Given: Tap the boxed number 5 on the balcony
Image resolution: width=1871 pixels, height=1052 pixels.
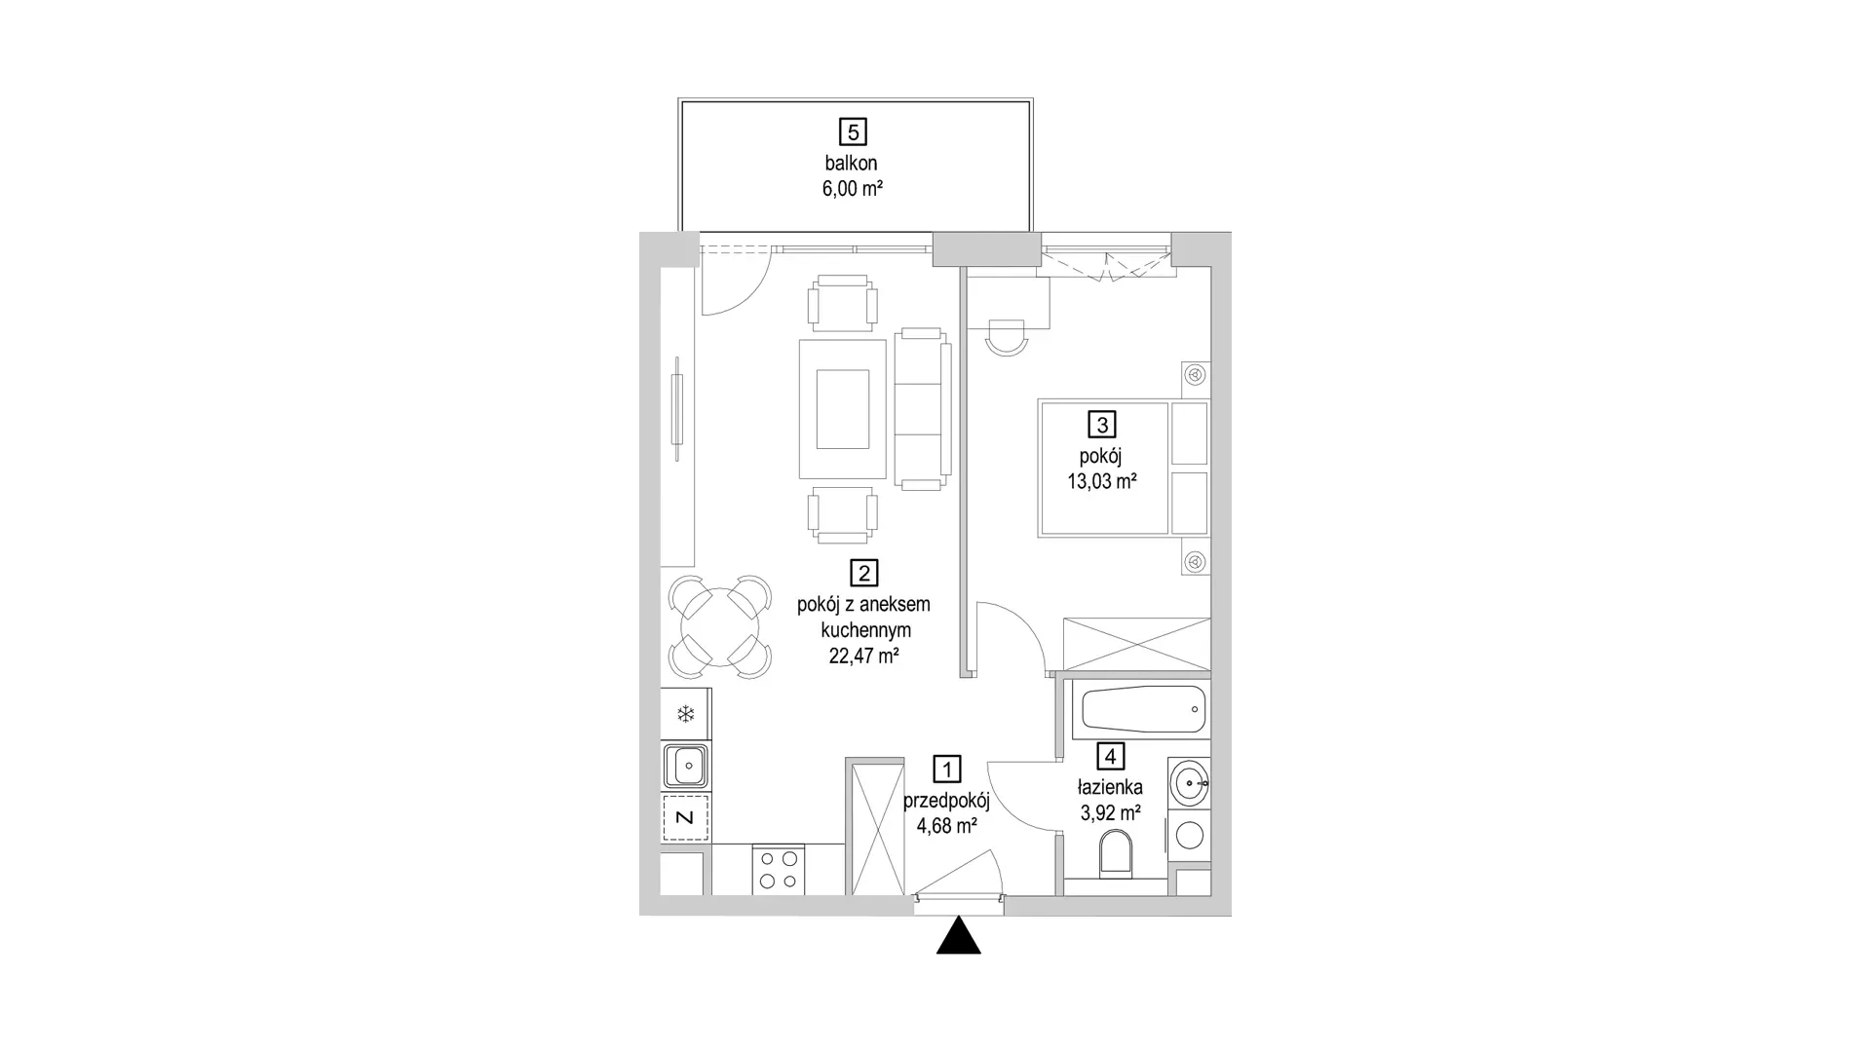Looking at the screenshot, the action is coord(853,131).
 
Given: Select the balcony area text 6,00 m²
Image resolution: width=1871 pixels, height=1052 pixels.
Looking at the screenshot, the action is coord(853,189).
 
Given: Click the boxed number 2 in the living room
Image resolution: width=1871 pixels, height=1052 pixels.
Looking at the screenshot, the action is coord(863,573).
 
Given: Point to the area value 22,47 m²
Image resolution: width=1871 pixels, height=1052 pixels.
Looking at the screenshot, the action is coord(863,656).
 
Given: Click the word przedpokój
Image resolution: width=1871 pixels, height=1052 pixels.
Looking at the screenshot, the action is coord(946,801).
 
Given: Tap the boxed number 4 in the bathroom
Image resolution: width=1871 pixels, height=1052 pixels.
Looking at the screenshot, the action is coord(1110,756).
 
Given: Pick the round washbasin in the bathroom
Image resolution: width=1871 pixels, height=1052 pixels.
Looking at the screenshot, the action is coord(1189,783).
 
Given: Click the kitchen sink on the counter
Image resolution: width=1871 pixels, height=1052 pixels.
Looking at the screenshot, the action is coord(686,766).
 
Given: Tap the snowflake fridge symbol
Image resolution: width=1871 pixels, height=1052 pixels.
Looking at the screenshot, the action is coord(685,715).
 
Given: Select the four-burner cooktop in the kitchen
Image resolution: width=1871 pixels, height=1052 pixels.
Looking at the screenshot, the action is coord(779,870).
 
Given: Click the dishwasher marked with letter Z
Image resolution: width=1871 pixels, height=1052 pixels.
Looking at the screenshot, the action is coord(685,817).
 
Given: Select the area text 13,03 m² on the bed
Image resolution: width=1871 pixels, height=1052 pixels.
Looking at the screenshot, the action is coord(1102,480).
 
